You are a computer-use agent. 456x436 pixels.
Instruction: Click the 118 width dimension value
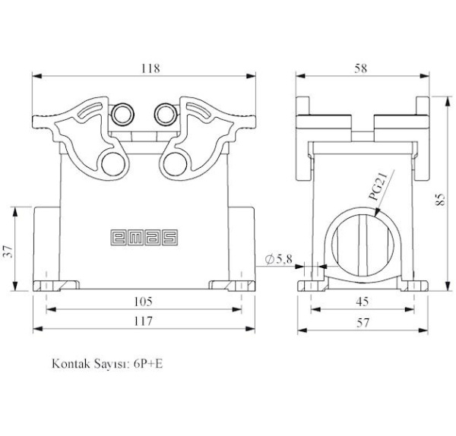pos(150,68)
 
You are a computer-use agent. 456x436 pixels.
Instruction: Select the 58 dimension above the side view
pos(360,68)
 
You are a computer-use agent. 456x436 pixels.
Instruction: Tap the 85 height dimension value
pos(441,200)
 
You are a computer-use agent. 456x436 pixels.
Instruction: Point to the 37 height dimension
pos(8,251)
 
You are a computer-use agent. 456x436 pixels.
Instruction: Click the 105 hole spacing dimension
pos(143,302)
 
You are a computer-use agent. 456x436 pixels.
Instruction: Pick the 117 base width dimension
pos(143,321)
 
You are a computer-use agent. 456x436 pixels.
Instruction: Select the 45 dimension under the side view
pos(363,302)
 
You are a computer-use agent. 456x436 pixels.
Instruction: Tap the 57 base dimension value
pos(363,323)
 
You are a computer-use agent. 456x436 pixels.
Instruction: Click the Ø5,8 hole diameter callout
pos(279,259)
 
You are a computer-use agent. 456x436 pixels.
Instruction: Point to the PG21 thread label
pos(378,186)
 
